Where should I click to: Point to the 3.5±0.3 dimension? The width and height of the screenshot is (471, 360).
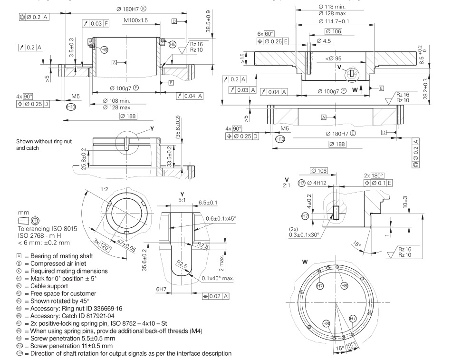[72, 48]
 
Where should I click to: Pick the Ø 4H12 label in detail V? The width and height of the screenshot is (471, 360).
[317, 183]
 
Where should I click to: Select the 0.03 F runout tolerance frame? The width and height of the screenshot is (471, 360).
[99, 23]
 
